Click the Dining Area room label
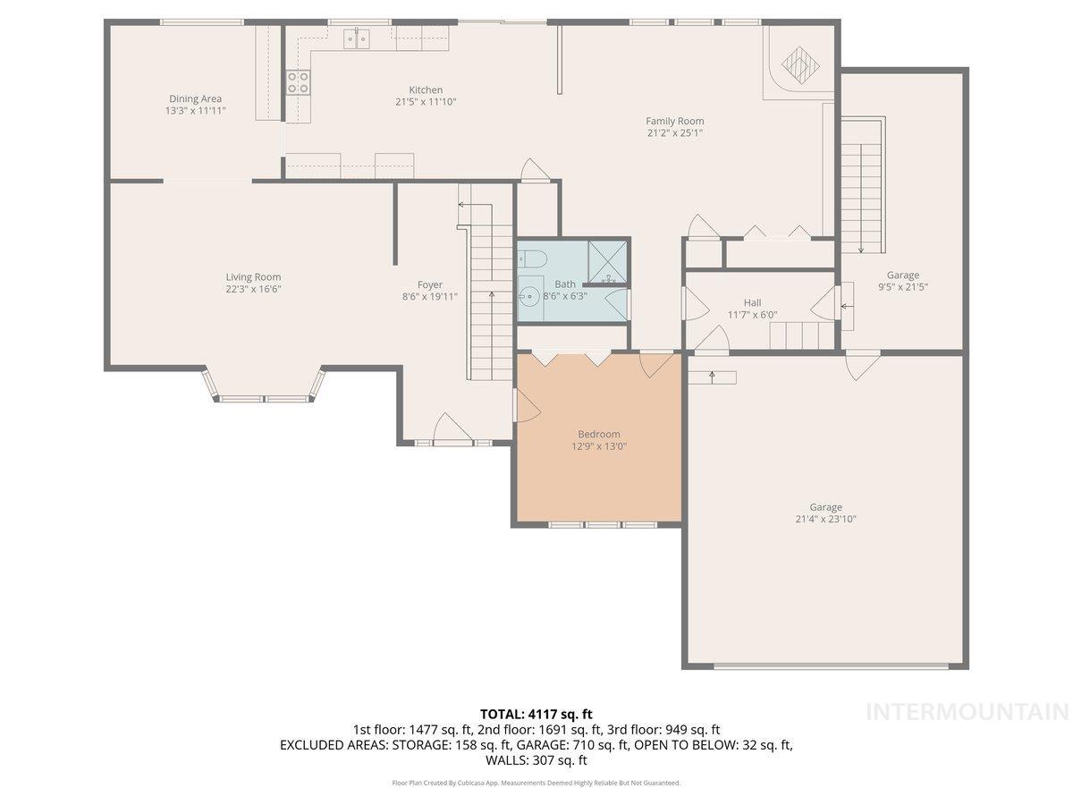coord(195,99)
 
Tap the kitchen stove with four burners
coord(298,82)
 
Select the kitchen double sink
coord(359,38)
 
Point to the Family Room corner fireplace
coord(798,64)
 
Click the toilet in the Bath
coord(533,259)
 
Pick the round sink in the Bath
coord(531,294)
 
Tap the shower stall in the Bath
coord(608,261)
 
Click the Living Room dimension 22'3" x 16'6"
coord(254,289)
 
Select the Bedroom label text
coord(598,435)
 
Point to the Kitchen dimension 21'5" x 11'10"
coord(426,102)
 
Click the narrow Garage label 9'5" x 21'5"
coord(902,288)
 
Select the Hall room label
coord(752,302)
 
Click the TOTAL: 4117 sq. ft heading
coord(536,714)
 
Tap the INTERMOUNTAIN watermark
coord(967,712)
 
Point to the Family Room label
coord(675,121)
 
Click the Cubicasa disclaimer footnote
coord(536,783)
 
